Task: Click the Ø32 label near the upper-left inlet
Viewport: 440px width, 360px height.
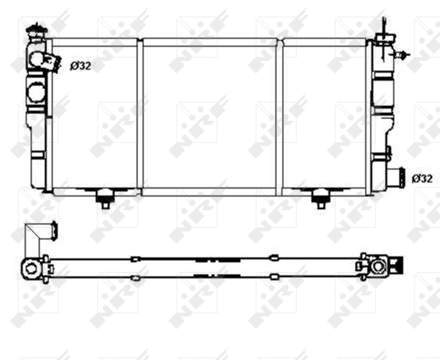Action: [x=80, y=66]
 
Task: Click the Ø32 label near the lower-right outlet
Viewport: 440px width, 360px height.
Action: [x=422, y=178]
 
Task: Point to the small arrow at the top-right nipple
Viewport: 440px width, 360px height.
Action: [x=403, y=55]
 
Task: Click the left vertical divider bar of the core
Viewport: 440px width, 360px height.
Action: [x=140, y=114]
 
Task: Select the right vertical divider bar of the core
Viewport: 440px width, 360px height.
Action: [x=279, y=114]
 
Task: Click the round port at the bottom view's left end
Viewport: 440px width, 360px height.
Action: [x=31, y=269]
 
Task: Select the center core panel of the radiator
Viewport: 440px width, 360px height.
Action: [x=209, y=114]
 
